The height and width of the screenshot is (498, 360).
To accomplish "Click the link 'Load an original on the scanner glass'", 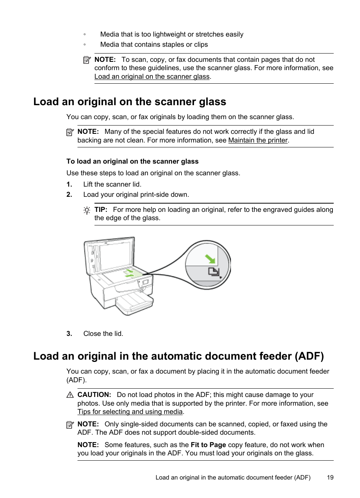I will [x=152, y=77].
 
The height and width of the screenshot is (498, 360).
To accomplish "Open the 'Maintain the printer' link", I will [x=258, y=140].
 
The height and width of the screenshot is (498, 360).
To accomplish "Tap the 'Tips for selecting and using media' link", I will [x=130, y=412].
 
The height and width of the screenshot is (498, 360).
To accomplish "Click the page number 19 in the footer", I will [x=330, y=477].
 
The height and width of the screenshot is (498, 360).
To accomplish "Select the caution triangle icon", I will [x=70, y=395].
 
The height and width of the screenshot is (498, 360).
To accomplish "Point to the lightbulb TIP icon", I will [x=87, y=210].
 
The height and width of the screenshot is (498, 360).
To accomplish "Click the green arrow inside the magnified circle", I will [x=210, y=259].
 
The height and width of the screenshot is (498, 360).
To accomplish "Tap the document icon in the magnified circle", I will [x=213, y=271].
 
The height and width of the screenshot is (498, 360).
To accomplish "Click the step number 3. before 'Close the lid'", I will [x=69, y=334].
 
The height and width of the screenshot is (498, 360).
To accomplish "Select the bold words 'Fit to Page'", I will [x=208, y=445].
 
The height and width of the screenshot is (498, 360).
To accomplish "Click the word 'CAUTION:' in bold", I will [x=94, y=395].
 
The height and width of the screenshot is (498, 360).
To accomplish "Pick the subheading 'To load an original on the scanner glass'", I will [x=132, y=161].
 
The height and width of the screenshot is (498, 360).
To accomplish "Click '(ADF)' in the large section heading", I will [x=309, y=356].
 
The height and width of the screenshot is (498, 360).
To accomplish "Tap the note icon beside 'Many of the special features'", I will [x=70, y=132].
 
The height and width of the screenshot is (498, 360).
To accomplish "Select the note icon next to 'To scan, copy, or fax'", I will [x=87, y=60].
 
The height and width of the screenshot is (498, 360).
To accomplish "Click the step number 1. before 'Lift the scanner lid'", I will [x=69, y=184].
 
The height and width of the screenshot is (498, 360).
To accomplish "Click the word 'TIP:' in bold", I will [x=101, y=210].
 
